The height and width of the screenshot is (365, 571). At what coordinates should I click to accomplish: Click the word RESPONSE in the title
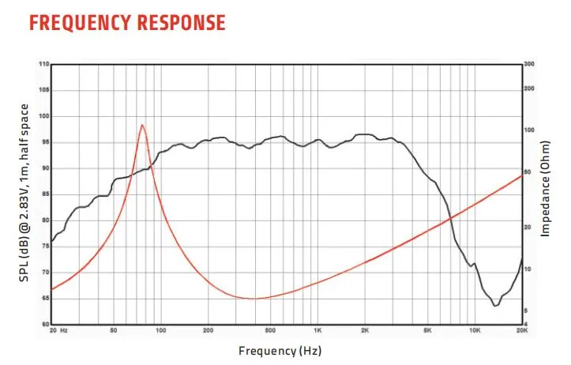(181, 22)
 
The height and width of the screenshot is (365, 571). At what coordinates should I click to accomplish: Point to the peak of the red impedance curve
(142, 125)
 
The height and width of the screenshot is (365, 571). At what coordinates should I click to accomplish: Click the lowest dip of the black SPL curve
(495, 305)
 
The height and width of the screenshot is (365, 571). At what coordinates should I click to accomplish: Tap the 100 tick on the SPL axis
(43, 116)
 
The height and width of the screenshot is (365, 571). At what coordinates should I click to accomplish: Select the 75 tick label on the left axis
(45, 246)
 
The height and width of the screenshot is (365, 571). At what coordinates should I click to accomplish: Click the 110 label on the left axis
(43, 64)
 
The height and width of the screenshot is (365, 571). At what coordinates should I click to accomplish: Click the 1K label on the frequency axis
(317, 331)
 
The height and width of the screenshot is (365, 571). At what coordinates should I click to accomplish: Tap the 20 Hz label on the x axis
(58, 331)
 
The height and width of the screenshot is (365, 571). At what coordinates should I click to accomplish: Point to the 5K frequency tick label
(427, 331)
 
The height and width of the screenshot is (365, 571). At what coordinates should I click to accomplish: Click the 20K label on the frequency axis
(521, 331)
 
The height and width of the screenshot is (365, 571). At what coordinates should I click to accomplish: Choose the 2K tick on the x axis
(365, 331)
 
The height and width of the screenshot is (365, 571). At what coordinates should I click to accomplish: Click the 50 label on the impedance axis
(528, 171)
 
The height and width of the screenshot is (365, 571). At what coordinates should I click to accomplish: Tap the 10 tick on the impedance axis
(528, 269)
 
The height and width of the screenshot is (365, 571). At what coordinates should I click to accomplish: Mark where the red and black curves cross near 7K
(449, 219)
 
